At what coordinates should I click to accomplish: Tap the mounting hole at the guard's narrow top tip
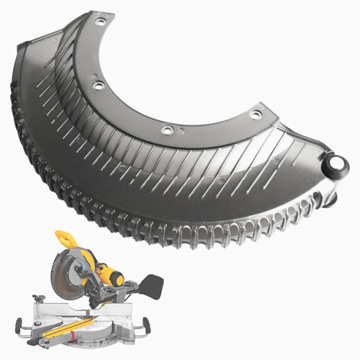[x=100, y=22]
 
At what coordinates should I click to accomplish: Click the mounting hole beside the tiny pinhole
[x=166, y=130]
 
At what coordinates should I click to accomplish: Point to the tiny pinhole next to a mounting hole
[x=180, y=131]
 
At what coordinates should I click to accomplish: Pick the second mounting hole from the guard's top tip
[x=99, y=85]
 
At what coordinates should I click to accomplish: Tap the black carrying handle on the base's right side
[x=148, y=326]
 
